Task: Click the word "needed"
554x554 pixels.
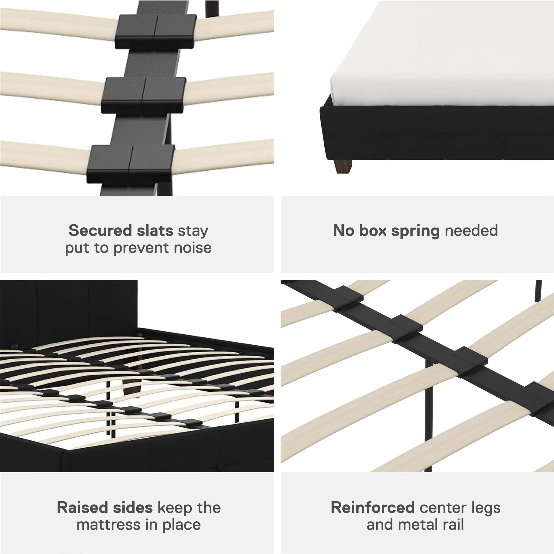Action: click(471, 230)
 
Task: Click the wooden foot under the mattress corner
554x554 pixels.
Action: click(343, 166)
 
